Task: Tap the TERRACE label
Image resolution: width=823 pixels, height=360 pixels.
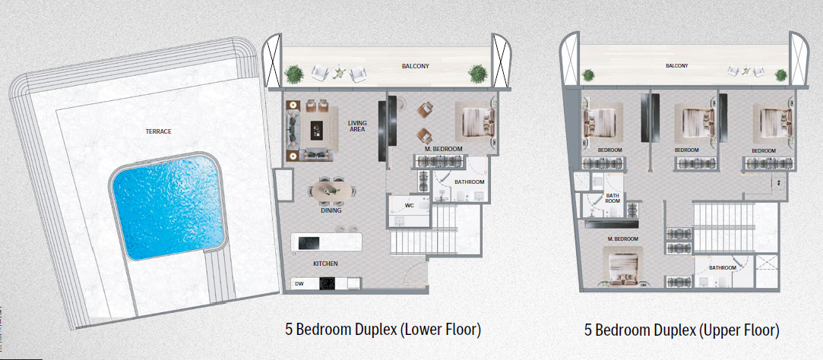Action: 158,131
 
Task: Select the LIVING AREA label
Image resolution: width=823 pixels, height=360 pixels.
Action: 357,126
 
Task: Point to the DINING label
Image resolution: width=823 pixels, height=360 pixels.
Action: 331,210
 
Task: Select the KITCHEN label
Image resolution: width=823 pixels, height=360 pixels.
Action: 325,264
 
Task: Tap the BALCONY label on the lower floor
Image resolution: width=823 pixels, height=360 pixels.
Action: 416,67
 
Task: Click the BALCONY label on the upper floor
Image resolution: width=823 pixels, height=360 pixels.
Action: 676,66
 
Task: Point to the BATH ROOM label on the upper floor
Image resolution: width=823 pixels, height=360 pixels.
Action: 613,199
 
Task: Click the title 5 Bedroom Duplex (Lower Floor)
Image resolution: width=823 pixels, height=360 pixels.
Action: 383,330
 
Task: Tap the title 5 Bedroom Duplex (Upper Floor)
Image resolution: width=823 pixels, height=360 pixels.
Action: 682,330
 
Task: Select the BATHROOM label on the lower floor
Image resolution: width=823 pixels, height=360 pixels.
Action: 469,182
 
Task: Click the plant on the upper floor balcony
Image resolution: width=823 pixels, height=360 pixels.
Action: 588,74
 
